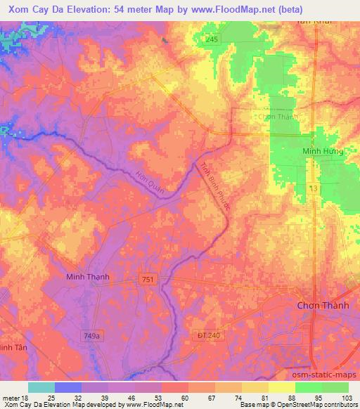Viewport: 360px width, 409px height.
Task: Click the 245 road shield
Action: click(212, 41)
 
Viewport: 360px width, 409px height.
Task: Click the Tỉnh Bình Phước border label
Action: click(216, 189)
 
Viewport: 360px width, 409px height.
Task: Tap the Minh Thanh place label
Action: click(87, 277)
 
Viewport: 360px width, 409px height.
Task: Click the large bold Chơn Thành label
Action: click(324, 305)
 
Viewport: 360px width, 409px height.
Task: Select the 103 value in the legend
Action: click(347, 398)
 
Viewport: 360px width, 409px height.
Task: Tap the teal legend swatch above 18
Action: click(41, 387)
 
